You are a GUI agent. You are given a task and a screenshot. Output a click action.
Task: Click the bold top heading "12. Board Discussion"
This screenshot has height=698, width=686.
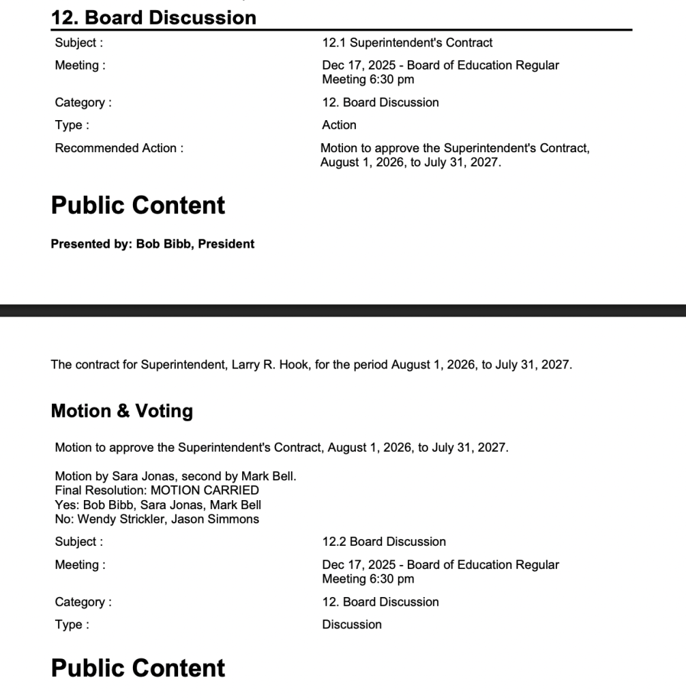point(153,17)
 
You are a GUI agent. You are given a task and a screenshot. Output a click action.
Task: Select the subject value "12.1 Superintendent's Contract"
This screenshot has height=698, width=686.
point(407,43)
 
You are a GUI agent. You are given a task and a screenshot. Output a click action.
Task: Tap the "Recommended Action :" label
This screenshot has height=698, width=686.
point(119,148)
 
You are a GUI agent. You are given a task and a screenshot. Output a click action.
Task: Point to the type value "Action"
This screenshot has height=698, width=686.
point(339,126)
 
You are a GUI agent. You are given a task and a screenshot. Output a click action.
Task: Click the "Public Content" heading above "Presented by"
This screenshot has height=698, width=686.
point(138,205)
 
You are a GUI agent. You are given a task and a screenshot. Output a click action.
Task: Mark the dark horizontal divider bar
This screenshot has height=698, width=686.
point(343,310)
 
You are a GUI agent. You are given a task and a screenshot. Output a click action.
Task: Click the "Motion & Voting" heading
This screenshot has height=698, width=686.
point(122,411)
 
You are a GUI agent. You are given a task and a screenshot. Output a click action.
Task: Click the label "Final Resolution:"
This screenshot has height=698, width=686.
point(89,491)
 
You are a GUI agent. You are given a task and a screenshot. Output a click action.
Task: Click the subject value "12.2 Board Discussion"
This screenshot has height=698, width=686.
point(384,542)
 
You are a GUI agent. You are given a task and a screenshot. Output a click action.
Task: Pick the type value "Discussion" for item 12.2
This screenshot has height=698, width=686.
point(352,625)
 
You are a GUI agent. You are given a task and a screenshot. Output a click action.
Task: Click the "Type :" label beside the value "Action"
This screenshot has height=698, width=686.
point(72,126)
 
